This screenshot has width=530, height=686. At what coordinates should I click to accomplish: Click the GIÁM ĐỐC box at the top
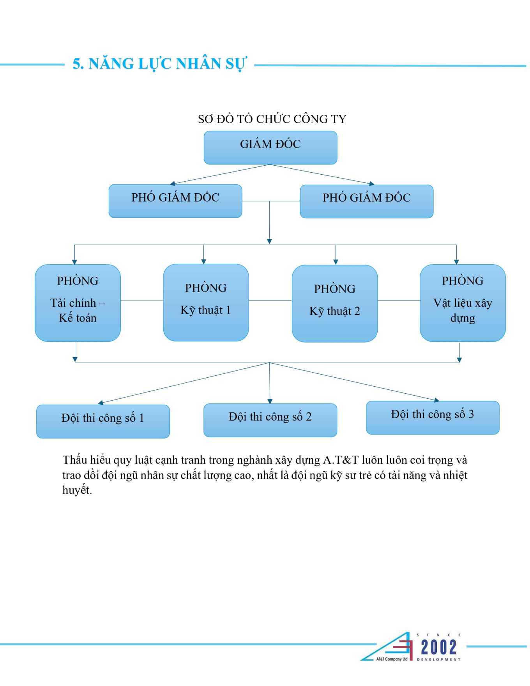tap(270, 147)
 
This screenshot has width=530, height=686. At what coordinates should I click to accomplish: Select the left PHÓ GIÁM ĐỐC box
tap(175, 201)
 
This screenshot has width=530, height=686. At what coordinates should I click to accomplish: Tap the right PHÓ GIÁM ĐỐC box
tap(367, 202)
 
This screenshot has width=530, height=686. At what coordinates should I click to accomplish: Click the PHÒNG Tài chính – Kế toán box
tap(78, 303)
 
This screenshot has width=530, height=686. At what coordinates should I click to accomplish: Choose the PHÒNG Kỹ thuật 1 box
tap(206, 303)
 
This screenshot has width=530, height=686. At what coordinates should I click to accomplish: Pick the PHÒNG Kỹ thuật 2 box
tap(335, 304)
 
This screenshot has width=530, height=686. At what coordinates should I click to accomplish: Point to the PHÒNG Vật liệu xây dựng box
tap(463, 303)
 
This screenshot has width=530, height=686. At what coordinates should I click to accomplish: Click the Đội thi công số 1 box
tap(103, 421)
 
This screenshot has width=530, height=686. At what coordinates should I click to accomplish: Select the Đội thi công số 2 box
tap(270, 420)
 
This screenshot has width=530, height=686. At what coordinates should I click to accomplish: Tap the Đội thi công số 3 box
tap(433, 417)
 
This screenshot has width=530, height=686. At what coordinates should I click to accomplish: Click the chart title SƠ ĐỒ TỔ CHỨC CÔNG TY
tap(272, 119)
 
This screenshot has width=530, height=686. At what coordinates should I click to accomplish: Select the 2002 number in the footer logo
tap(438, 647)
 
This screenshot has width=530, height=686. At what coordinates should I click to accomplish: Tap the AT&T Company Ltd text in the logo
tap(392, 659)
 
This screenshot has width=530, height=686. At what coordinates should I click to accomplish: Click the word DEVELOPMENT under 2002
tap(438, 659)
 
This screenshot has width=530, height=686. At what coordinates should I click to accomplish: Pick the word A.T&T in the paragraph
tap(341, 460)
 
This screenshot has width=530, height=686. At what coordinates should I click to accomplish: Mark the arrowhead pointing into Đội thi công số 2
tap(270, 401)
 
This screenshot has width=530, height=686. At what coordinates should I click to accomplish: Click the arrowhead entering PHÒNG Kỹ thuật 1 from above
tap(204, 262)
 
